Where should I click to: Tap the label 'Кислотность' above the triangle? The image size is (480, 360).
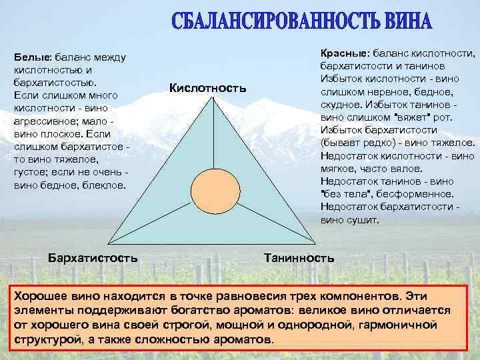208,88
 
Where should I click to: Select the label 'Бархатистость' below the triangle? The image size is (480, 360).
93,257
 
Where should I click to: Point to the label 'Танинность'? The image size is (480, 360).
299,257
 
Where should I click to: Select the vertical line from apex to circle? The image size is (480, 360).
213,137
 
